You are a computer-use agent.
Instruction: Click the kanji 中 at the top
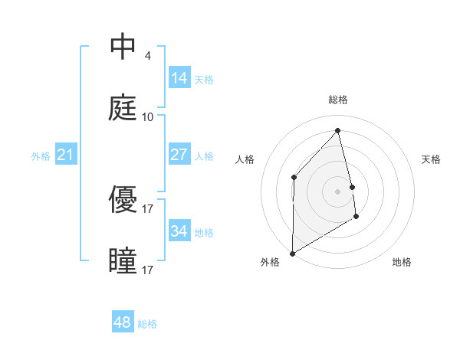123,47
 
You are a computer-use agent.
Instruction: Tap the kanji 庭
123,108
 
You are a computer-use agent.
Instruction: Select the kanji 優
123,200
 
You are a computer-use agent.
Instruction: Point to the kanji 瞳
123,261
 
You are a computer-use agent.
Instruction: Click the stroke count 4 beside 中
147,56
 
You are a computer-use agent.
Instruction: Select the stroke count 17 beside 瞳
148,270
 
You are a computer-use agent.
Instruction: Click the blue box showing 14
179,78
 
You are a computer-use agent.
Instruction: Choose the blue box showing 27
179,155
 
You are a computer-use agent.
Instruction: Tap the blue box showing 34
179,231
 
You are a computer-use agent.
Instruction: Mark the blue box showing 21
65,155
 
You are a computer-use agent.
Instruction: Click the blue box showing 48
123,322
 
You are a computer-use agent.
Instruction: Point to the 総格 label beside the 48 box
147,324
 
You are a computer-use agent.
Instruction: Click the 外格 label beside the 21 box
41,156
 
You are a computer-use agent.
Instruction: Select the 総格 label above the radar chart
338,100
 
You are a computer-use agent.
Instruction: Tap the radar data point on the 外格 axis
292,253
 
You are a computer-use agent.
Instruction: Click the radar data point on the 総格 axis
338,130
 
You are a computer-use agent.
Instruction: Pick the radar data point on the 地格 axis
356,217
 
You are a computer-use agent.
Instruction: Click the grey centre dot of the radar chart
338,191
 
